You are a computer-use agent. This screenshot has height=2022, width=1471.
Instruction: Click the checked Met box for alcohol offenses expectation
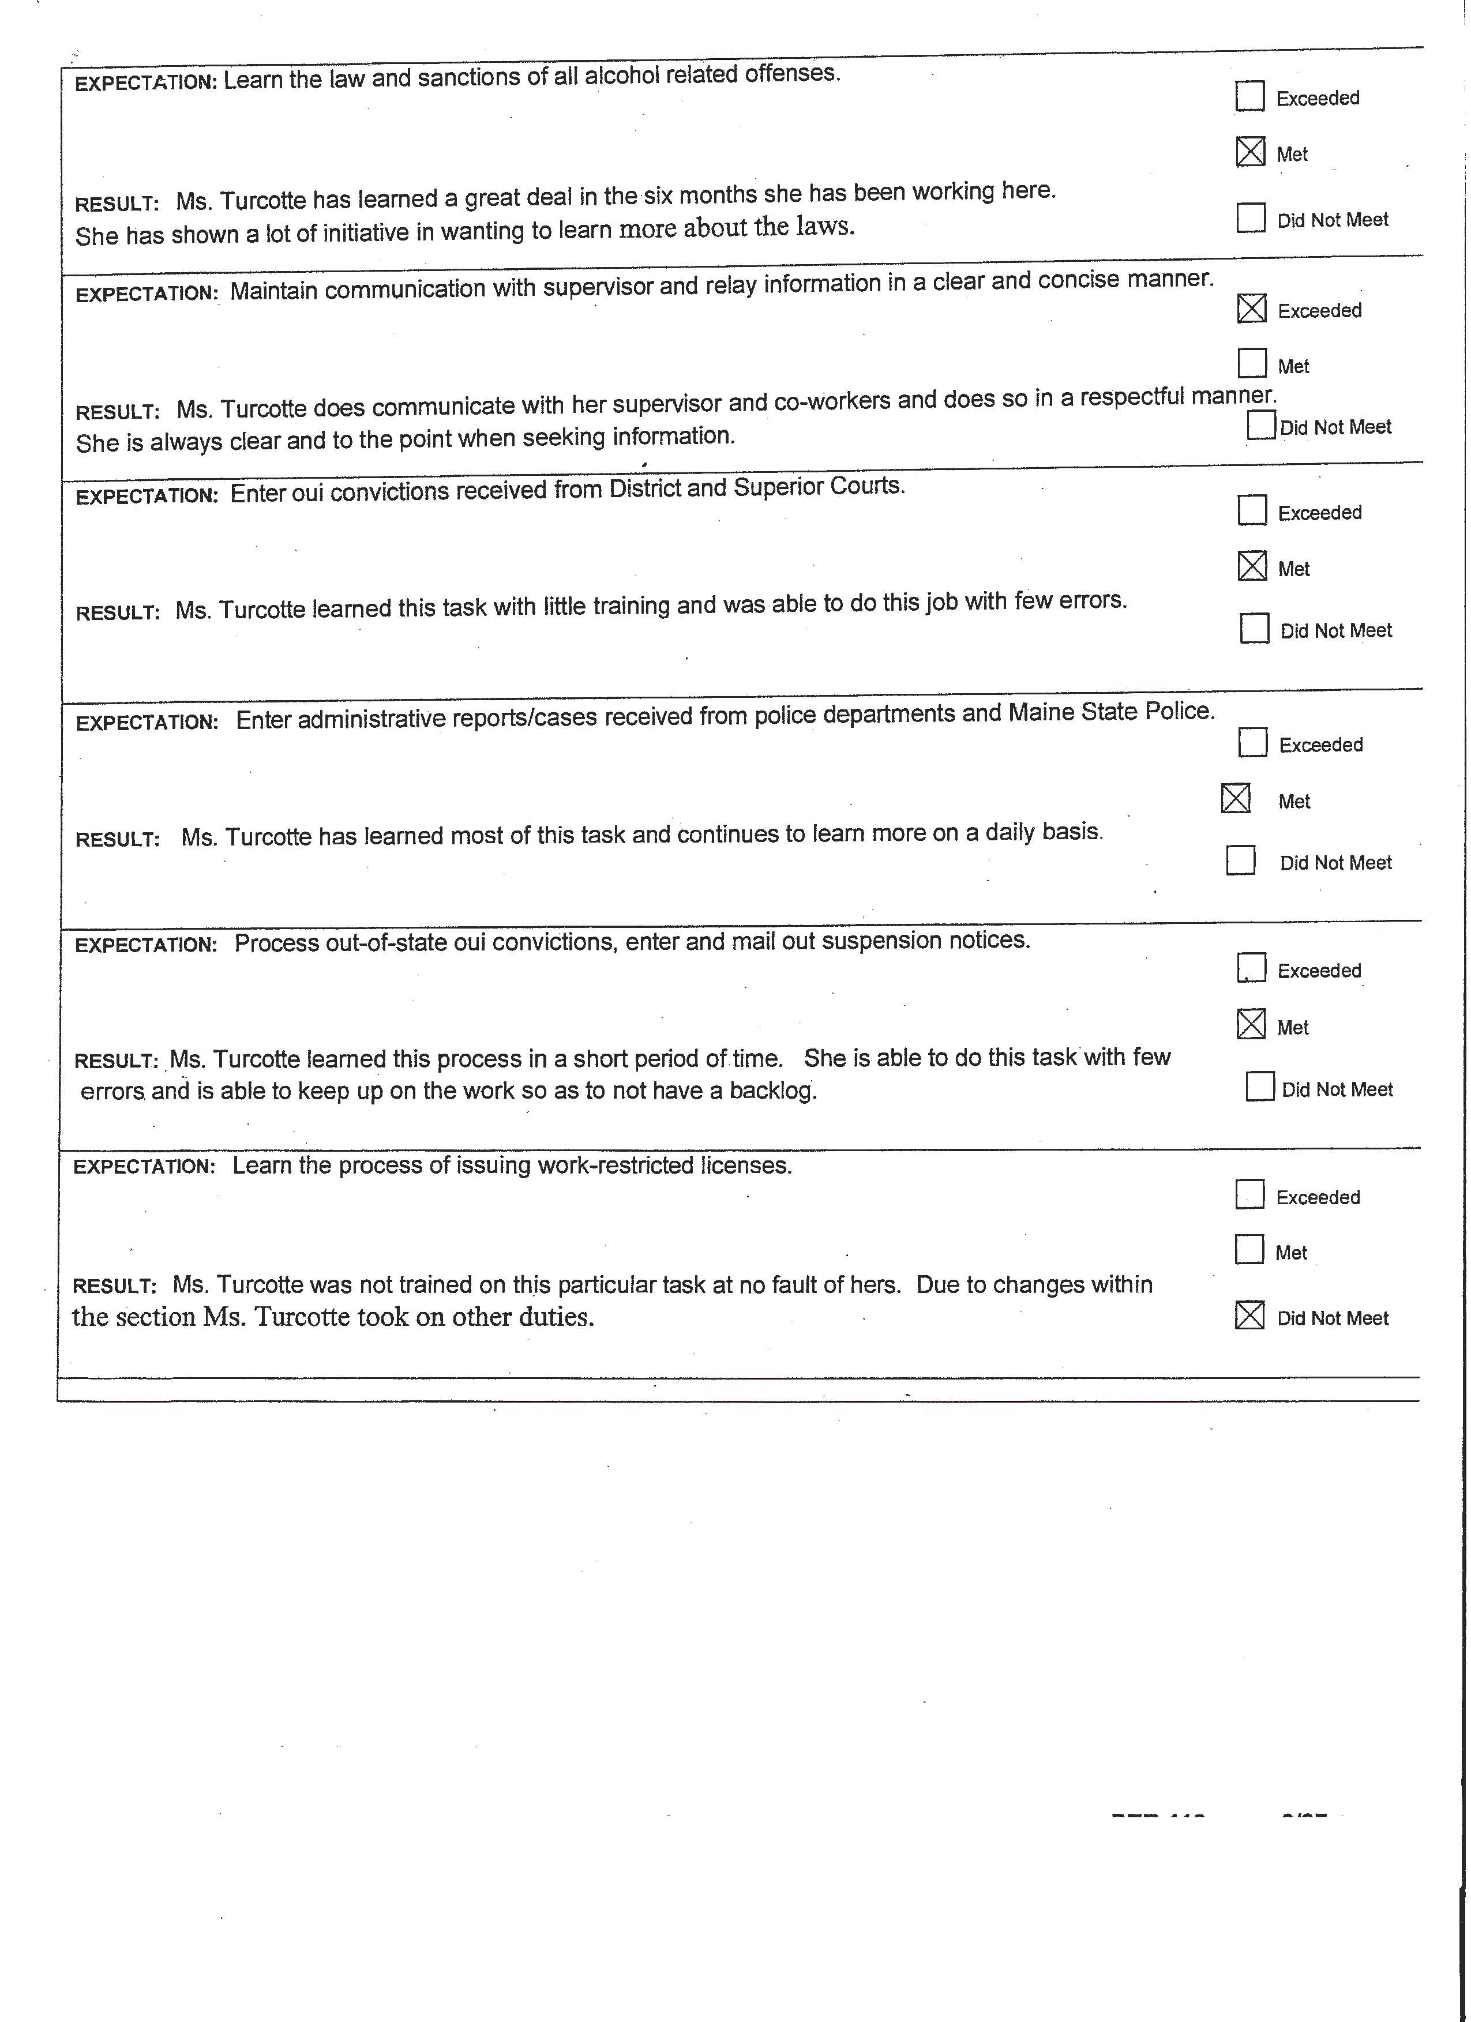tap(1251, 152)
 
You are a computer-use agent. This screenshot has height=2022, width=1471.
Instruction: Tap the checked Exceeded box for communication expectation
tap(1252, 309)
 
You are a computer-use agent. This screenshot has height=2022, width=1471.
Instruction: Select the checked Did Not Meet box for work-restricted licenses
tap(1250, 1315)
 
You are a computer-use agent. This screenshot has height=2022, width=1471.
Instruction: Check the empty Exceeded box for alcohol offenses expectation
tap(1250, 96)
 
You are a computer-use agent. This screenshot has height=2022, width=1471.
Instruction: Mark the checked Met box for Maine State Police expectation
tap(1236, 799)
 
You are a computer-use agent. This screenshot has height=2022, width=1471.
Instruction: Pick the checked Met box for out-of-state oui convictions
tap(1252, 1024)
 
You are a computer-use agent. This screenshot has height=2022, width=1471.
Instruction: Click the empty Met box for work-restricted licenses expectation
tap(1250, 1250)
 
